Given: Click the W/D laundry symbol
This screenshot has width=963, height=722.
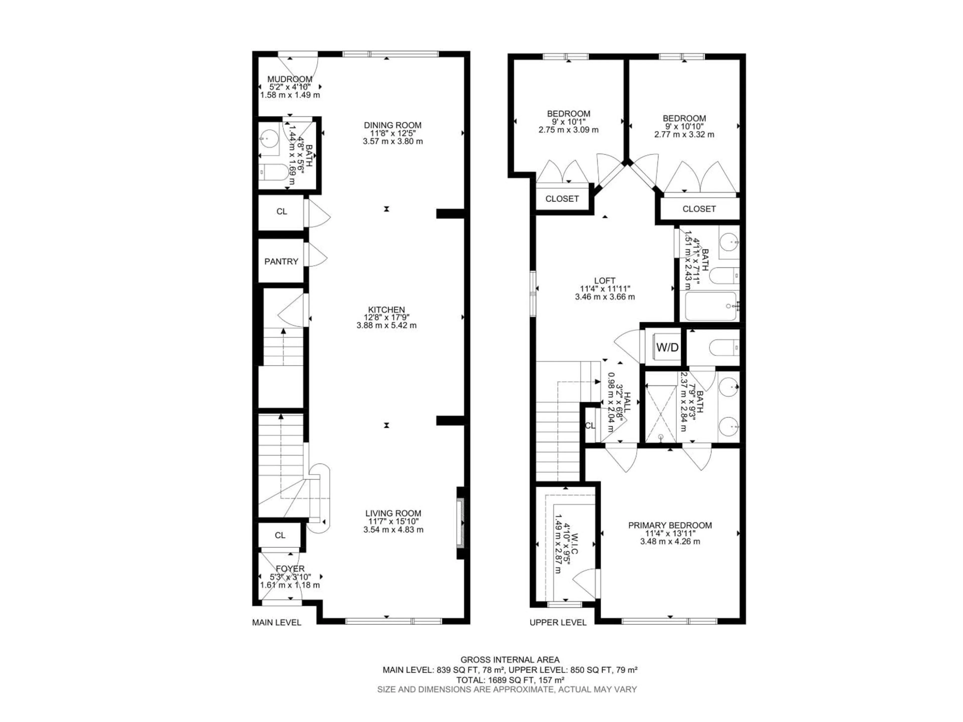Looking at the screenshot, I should [667, 347].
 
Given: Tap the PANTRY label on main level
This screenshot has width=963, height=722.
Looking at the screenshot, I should [281, 261].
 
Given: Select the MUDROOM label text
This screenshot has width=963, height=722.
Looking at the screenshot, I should [289, 79].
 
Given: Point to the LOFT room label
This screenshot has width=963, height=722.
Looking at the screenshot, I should [605, 281].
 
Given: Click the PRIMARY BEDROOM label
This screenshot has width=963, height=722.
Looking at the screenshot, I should [670, 525].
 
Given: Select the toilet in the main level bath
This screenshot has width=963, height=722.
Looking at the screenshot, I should [275, 172].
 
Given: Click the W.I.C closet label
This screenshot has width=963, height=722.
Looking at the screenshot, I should [575, 550].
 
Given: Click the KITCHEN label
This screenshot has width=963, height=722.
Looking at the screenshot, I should [387, 310].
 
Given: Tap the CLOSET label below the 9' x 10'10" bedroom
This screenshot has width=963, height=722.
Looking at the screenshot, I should [699, 209].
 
